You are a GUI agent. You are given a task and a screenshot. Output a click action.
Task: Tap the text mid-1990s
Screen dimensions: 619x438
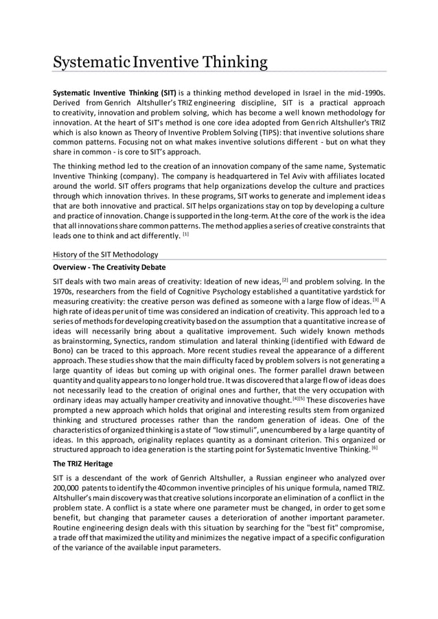point(362,91)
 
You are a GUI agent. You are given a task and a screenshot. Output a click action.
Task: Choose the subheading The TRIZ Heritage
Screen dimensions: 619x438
point(85,464)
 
